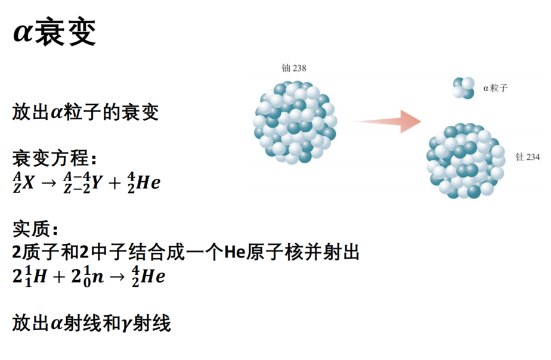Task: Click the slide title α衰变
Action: click(54, 32)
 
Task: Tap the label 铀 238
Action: click(294, 68)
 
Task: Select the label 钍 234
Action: click(528, 157)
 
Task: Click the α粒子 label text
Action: click(496, 88)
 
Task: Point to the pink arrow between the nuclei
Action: click(388, 122)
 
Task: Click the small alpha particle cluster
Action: click(463, 88)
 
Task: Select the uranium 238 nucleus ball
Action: click(295, 123)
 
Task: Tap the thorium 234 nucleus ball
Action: click(466, 160)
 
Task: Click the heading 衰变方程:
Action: click(54, 158)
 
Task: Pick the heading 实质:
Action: click(35, 229)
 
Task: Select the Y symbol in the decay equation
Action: click(96, 182)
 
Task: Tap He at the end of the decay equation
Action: click(148, 182)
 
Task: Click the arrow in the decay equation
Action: click(49, 183)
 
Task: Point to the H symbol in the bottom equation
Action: click(40, 276)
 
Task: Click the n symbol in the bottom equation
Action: click(97, 277)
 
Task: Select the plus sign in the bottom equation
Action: click(59, 277)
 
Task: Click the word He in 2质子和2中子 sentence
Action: click(234, 252)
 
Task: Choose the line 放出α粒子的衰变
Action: click(85, 112)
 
